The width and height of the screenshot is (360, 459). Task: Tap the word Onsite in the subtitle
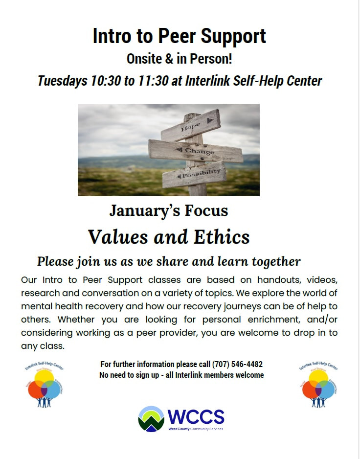pyautogui.click(x=144, y=59)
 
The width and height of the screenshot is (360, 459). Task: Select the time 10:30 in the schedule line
pyautogui.click(x=105, y=81)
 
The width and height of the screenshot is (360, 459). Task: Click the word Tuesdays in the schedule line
pyautogui.click(x=63, y=81)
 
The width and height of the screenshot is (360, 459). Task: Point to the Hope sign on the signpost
pyautogui.click(x=191, y=125)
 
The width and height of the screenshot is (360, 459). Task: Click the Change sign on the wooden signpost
pyautogui.click(x=196, y=151)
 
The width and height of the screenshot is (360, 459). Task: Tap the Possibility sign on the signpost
pyautogui.click(x=194, y=175)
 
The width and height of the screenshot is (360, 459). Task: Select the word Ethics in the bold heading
pyautogui.click(x=222, y=237)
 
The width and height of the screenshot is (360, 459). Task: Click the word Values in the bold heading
pyautogui.click(x=118, y=237)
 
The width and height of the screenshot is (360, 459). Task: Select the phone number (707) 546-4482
pyautogui.click(x=237, y=364)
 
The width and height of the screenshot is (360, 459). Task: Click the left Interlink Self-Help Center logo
pyautogui.click(x=44, y=384)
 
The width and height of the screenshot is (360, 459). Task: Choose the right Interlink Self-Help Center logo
pyautogui.click(x=318, y=384)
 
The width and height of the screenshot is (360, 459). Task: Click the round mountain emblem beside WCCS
pyautogui.click(x=151, y=419)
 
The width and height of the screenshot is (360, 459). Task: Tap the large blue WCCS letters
pyautogui.click(x=196, y=417)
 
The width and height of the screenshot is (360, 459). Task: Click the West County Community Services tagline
pyautogui.click(x=196, y=429)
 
